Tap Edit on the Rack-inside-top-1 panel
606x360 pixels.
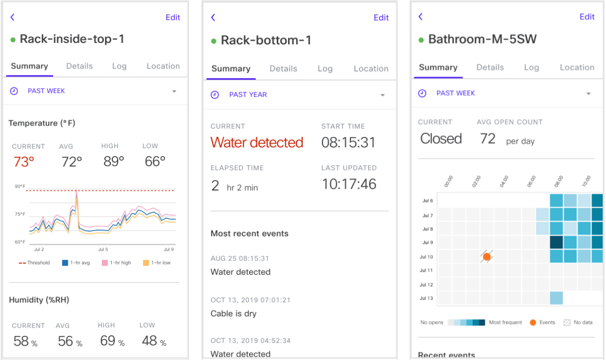(173, 17)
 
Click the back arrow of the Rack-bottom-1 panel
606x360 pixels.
(213, 18)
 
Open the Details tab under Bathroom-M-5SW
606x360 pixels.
(490, 67)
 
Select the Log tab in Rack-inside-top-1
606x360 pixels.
(119, 66)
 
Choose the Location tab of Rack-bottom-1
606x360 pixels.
(371, 69)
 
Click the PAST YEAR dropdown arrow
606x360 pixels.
(383, 95)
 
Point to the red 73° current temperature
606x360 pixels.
(24, 162)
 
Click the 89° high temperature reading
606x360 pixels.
(114, 162)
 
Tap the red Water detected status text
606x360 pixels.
(257, 142)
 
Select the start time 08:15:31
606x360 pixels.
(349, 142)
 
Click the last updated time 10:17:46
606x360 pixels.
(349, 184)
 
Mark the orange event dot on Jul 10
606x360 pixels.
(487, 257)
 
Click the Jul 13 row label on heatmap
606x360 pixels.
(426, 298)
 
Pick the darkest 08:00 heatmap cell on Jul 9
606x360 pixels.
(556, 242)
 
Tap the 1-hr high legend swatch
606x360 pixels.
(105, 263)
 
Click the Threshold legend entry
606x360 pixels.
(34, 263)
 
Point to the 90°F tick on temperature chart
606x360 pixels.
(20, 187)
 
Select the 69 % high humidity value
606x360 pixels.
(112, 341)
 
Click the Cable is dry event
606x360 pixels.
(233, 313)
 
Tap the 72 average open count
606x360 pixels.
(487, 138)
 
